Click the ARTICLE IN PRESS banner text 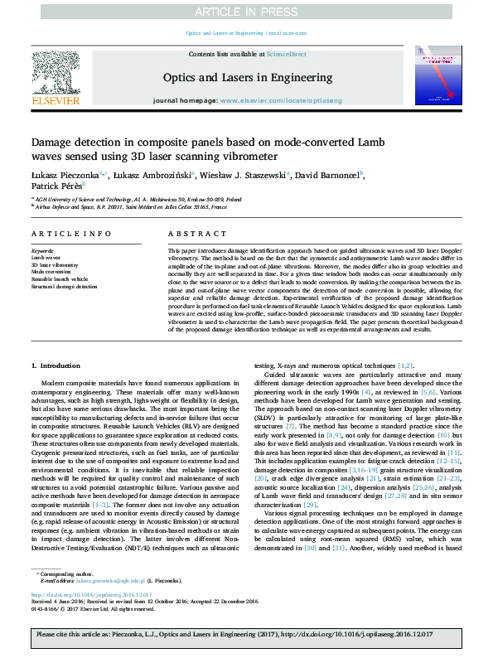[x=246, y=12]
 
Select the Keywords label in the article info [x=42, y=250]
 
